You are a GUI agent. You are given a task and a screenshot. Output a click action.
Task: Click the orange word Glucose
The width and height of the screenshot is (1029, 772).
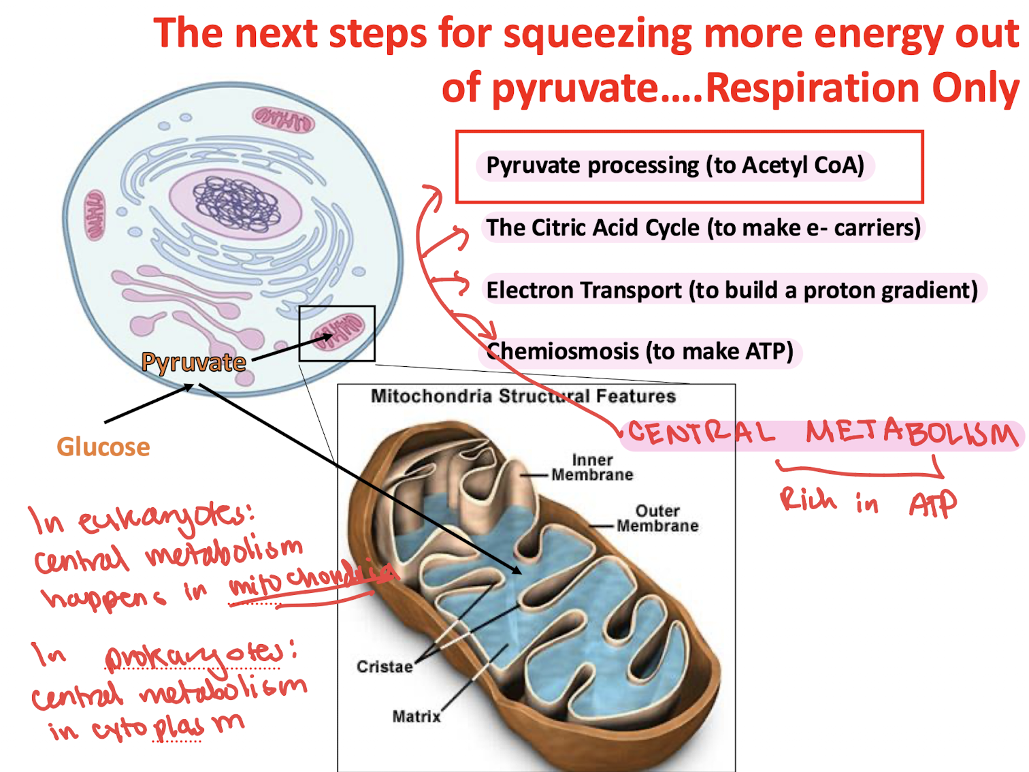[x=103, y=447]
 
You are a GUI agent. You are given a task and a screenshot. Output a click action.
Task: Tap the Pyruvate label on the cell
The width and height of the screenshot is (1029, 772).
[x=193, y=362]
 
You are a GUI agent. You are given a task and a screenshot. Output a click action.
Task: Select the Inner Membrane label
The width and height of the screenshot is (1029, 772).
[x=592, y=468]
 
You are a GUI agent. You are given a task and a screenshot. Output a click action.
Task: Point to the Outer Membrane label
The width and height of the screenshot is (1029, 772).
[x=657, y=518]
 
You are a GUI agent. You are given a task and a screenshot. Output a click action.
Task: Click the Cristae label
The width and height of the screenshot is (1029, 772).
[x=385, y=666]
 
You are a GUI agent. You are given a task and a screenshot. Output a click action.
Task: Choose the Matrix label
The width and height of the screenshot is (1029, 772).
[x=416, y=716]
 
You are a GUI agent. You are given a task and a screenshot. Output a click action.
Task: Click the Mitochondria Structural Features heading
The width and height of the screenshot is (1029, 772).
[x=523, y=396]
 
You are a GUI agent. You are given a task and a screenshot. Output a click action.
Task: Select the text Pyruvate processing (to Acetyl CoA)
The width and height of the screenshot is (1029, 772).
[x=674, y=165]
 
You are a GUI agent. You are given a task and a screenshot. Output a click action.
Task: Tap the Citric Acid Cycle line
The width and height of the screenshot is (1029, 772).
[x=703, y=227]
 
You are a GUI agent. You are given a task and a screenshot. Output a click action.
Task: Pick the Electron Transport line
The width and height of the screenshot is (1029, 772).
[x=732, y=290]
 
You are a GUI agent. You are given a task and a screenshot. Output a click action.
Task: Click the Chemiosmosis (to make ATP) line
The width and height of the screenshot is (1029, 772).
[x=640, y=351]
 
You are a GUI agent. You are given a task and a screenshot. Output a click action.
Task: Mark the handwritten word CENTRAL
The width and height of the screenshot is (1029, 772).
[x=701, y=433]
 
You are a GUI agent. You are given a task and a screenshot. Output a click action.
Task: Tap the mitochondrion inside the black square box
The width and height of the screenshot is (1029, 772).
[x=338, y=332]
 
